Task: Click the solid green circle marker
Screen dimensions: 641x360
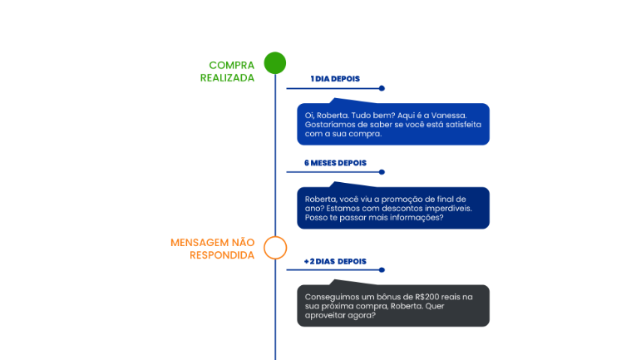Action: click(274, 63)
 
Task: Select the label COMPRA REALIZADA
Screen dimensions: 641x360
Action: click(227, 72)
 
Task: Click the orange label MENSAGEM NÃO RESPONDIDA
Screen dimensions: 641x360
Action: click(213, 249)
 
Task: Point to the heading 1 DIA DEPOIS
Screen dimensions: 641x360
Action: click(335, 79)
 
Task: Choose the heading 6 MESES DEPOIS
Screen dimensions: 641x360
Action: click(335, 163)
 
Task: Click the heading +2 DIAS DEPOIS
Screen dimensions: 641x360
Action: click(335, 262)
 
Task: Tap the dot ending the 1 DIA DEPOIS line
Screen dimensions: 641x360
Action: click(382, 88)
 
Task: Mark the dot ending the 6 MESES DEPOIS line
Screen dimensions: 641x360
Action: click(382, 172)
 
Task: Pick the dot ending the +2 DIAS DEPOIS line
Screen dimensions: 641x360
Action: click(382, 269)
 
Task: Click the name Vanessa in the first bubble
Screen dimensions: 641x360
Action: click(449, 116)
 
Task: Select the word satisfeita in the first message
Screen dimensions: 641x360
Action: click(463, 125)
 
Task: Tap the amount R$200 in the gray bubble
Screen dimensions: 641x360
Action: click(426, 297)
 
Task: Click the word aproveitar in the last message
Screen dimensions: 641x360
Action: click(323, 315)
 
